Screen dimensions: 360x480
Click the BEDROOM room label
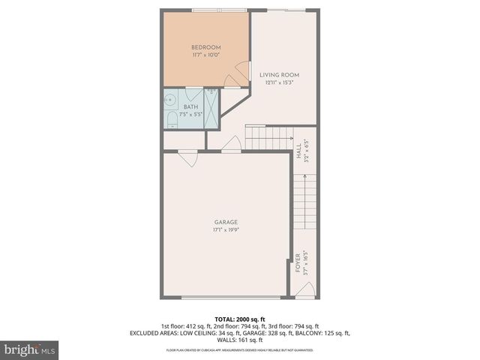click(206, 48)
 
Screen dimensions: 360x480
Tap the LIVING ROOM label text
click(280, 75)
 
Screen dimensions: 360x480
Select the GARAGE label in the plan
click(226, 222)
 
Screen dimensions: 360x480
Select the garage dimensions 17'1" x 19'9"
click(226, 230)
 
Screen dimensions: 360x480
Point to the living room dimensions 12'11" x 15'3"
click(280, 83)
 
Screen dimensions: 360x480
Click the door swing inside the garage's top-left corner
click(187, 158)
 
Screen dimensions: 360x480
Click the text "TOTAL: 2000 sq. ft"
click(240, 319)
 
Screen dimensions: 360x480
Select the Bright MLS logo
click(30, 349)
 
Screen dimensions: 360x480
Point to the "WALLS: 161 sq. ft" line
click(240, 340)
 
